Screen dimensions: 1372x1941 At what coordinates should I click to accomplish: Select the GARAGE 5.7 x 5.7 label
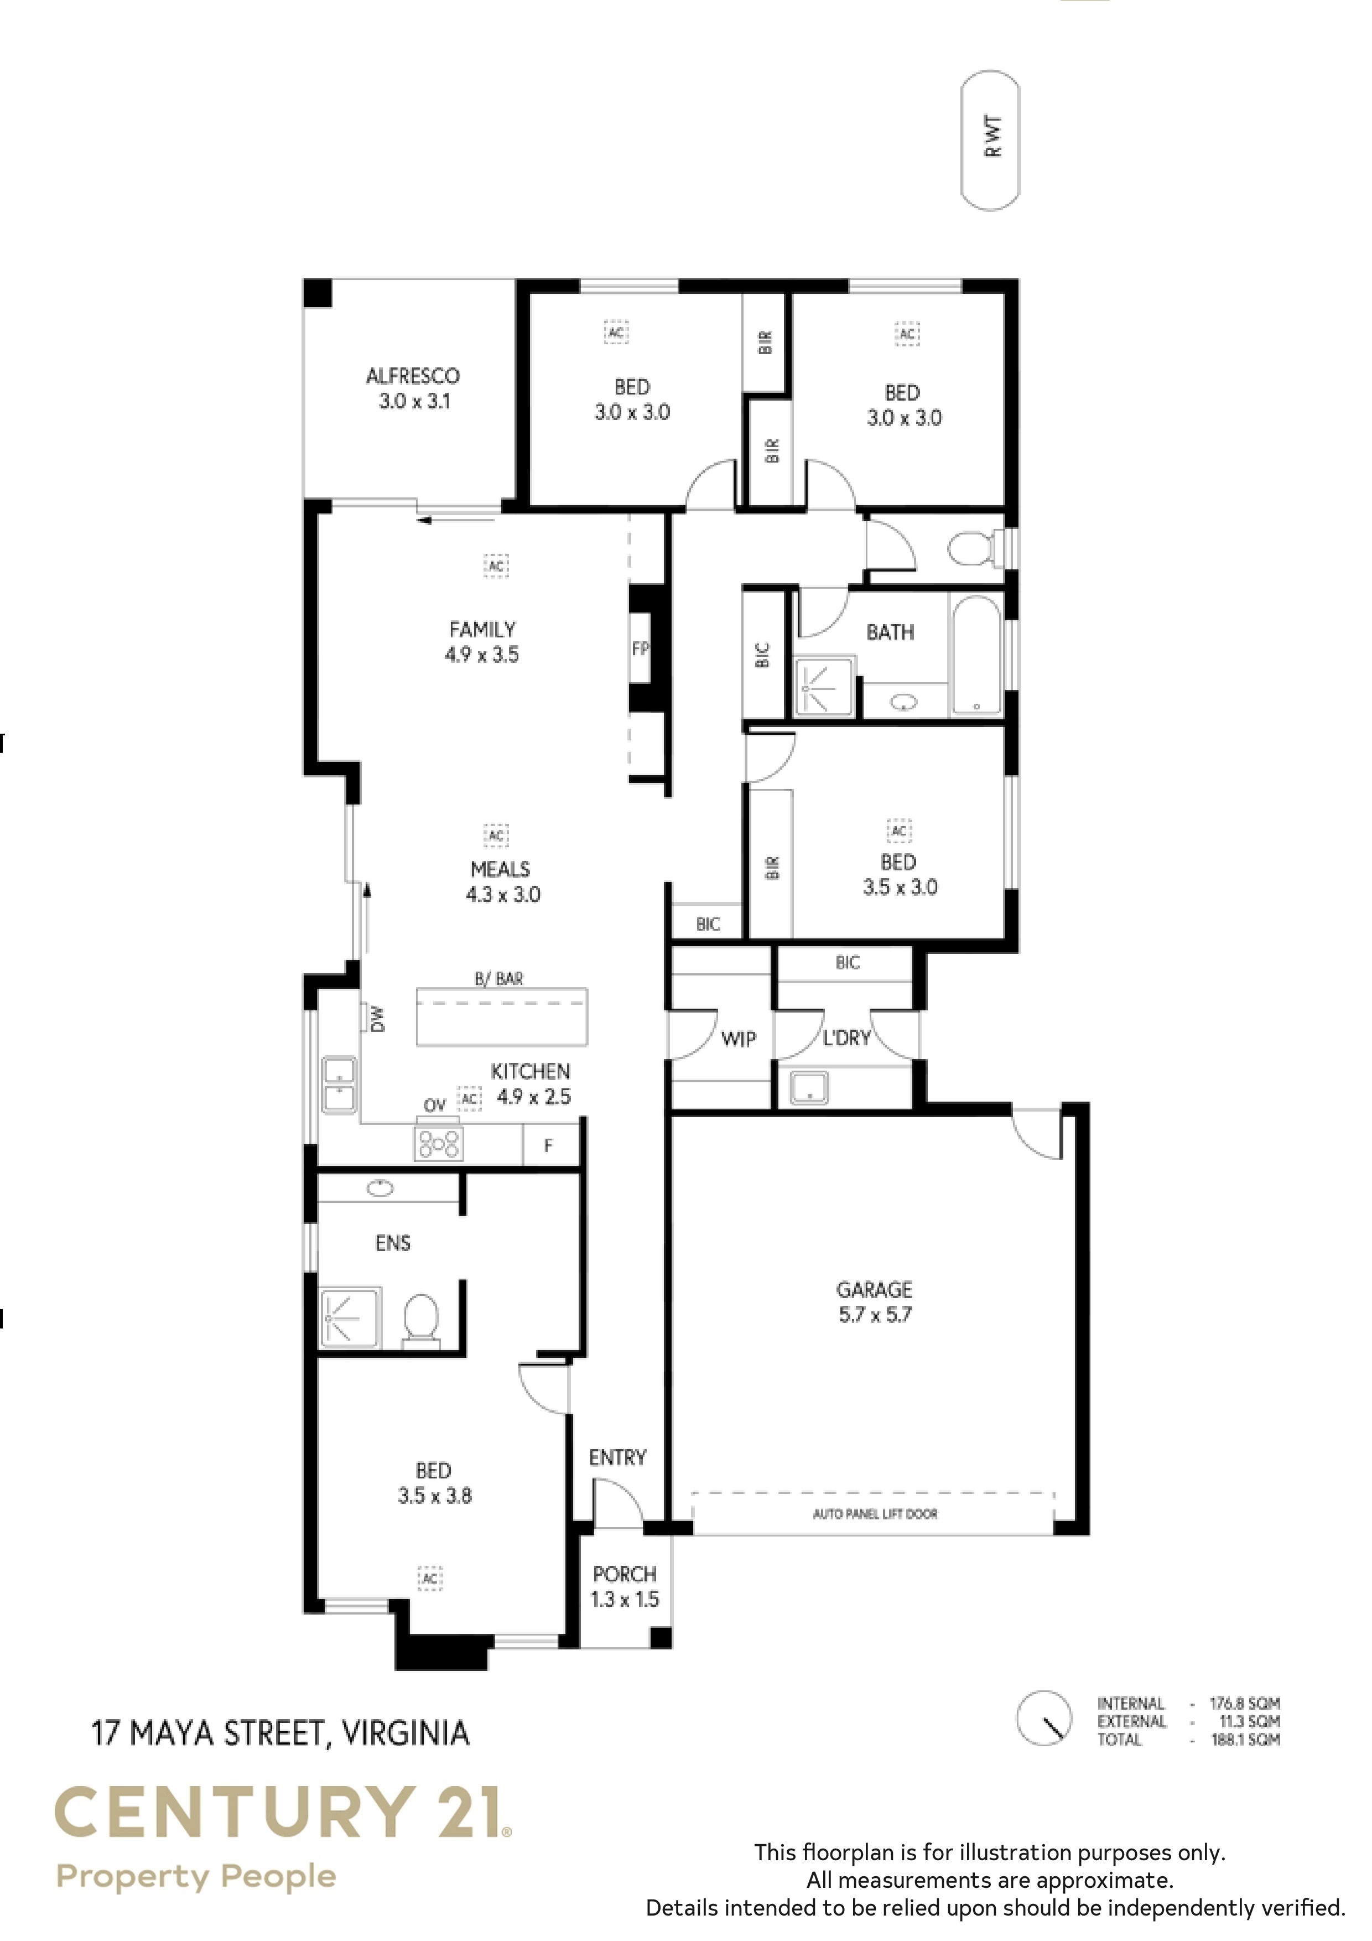[875, 1302]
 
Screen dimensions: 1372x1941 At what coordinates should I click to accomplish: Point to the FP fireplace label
[640, 648]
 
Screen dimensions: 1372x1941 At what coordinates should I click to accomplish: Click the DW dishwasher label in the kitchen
[377, 1019]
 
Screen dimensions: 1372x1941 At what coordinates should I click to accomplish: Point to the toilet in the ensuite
[421, 1321]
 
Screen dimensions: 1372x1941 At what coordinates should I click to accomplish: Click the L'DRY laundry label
[847, 1037]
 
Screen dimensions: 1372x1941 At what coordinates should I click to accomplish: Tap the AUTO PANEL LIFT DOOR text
[875, 1513]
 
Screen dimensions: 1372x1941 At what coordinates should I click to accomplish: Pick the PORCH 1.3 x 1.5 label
[625, 1586]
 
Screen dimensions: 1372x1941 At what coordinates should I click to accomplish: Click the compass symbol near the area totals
[1045, 1718]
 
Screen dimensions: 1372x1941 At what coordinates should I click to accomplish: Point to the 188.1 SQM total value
[1246, 1740]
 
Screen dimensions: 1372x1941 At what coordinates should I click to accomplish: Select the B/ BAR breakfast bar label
[499, 979]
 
